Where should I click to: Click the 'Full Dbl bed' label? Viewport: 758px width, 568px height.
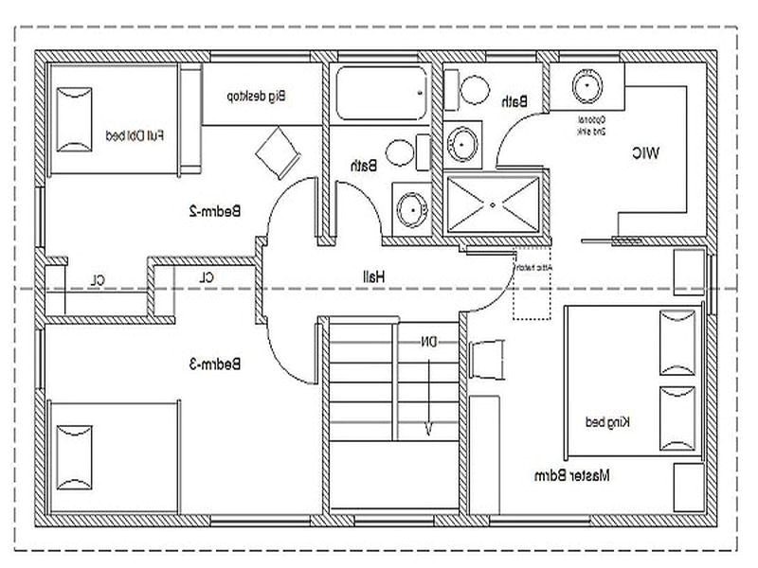coord(134,136)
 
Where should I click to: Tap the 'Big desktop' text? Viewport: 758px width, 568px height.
coord(256,95)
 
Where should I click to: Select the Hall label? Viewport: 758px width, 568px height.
coord(370,275)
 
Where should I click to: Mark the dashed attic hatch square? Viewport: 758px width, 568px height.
coord(531,284)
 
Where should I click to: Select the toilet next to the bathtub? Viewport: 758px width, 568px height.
coord(398,152)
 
